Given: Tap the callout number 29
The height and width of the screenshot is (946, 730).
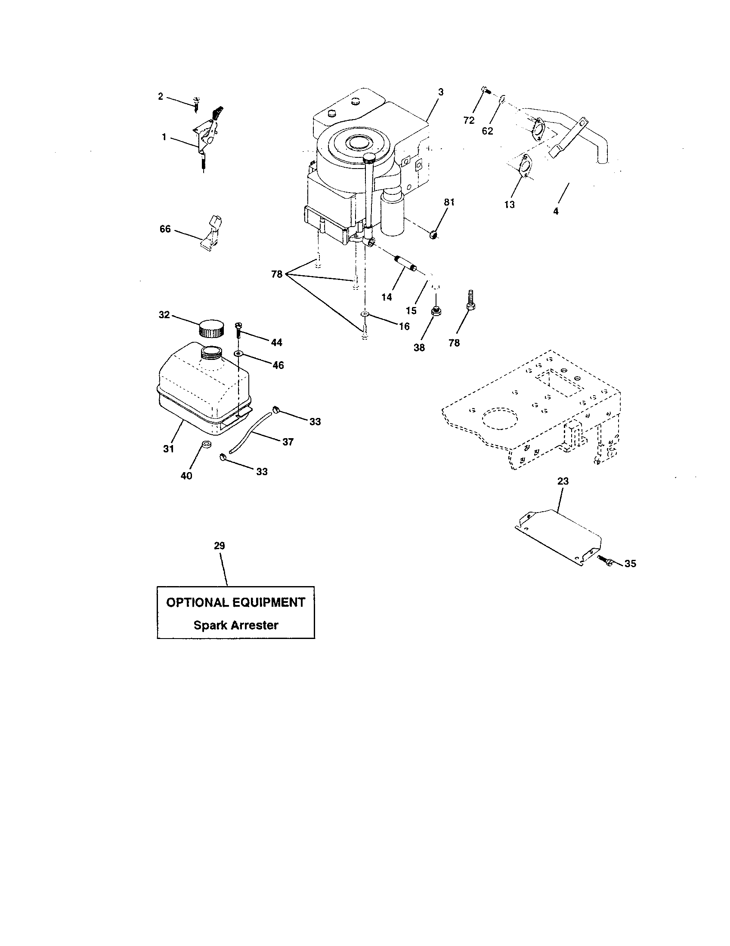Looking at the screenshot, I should point(220,546).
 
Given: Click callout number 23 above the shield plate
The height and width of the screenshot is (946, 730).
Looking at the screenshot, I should point(563,481).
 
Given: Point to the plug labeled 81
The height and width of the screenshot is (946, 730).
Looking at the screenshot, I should point(434,235).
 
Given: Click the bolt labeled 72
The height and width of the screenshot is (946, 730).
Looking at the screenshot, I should point(485,91).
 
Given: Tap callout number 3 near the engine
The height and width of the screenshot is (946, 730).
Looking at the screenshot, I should point(440,92).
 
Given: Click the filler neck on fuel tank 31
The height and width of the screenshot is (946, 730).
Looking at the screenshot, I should point(211,352).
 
